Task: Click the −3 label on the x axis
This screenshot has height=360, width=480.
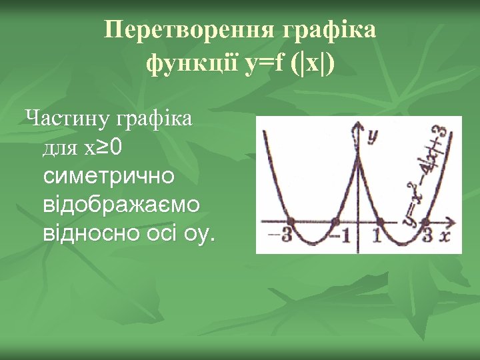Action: pos(281,237)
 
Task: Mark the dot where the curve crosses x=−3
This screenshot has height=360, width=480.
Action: pos(291,221)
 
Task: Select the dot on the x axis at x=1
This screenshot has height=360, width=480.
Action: pos(379,221)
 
